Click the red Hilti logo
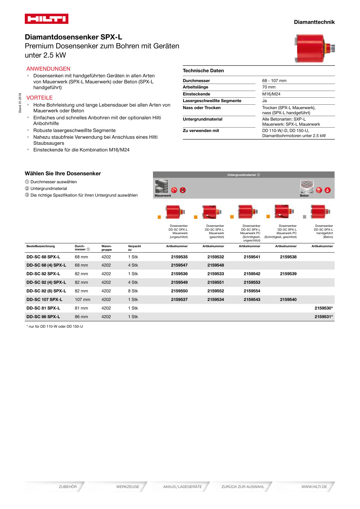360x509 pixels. [x=46, y=19]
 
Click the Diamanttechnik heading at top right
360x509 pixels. [x=314, y=22]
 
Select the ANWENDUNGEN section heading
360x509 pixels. [x=48, y=69]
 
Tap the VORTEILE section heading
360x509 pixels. [x=39, y=98]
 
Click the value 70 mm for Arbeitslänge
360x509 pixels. [x=269, y=87]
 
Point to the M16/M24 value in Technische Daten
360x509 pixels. [x=271, y=94]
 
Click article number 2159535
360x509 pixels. [x=179, y=257]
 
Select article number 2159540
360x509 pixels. [x=288, y=299]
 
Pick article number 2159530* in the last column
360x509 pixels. [x=323, y=308]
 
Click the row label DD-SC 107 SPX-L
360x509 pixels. [x=44, y=299]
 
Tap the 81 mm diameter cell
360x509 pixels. [x=81, y=308]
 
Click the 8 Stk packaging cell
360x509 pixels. [x=133, y=291]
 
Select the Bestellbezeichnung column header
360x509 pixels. [x=41, y=246]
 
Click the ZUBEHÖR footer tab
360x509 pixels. [x=68, y=487]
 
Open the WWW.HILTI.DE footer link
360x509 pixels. [x=314, y=487]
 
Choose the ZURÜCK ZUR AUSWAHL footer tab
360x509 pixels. [x=243, y=487]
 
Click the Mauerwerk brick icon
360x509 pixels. [x=162, y=186]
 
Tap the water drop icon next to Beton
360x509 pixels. [x=328, y=190]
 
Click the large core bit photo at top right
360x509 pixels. [x=314, y=49]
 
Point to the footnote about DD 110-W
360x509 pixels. [x=55, y=326]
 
